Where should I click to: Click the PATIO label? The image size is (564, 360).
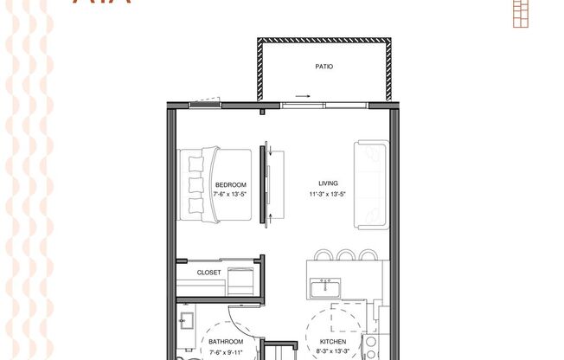pos(323,66)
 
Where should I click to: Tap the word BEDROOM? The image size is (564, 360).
pos(230,184)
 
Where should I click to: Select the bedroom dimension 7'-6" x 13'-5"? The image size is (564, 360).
pos(230,194)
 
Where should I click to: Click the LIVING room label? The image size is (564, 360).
pos(328,183)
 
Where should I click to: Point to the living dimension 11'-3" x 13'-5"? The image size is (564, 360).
pos(328,194)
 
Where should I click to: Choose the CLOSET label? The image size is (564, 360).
pos(209,272)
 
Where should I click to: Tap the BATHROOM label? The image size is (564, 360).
pos(227,342)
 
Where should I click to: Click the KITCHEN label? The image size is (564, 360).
pos(333,342)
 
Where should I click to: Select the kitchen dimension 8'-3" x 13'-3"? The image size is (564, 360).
pos(333,352)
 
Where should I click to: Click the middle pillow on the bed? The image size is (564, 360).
pos(195,185)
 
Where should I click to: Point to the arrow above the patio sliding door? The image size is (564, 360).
pos(301,96)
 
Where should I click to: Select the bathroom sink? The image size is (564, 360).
pos(185,322)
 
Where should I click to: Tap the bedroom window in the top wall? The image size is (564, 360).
pos(205,104)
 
